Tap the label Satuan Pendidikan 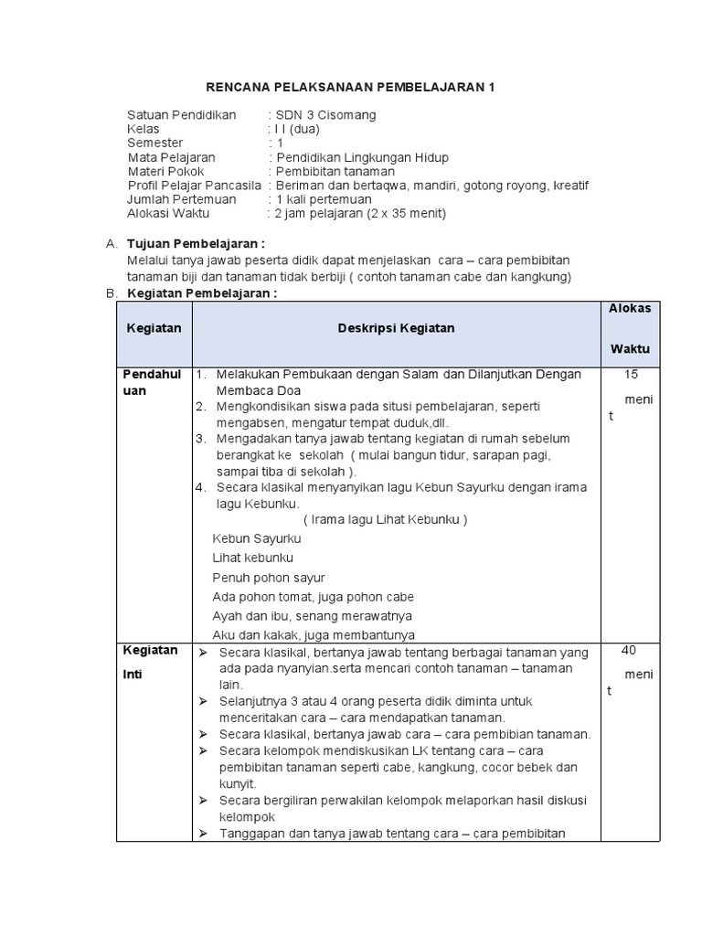[x=182, y=115]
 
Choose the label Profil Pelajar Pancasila [x=195, y=186]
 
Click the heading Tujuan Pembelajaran [x=196, y=244]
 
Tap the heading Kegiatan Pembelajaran [x=201, y=293]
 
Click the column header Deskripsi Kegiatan [x=396, y=328]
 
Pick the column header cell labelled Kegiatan [x=154, y=328]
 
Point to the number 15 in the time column [x=631, y=374]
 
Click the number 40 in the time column [x=629, y=650]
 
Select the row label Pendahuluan [x=153, y=382]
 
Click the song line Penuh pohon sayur [x=269, y=578]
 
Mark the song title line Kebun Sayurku [x=256, y=538]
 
